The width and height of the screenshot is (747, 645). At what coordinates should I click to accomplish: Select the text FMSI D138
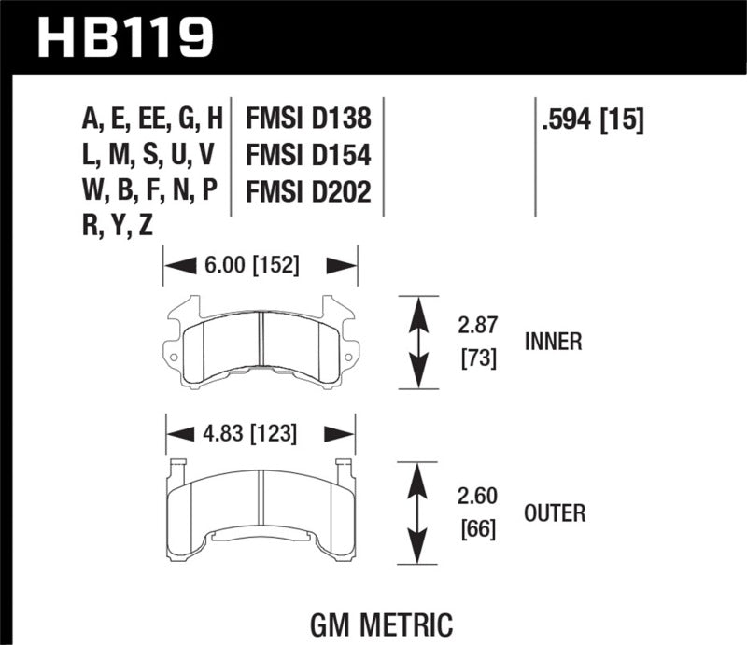pos(308,119)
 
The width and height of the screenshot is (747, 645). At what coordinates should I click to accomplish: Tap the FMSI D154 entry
pos(308,155)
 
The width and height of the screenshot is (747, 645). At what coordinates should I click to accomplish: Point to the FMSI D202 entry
pos(308,191)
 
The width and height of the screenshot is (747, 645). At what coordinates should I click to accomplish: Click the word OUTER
pos(554,513)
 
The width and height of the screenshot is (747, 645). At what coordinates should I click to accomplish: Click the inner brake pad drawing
pos(261,341)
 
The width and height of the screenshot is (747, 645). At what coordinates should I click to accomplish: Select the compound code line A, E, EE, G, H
pos(153,119)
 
